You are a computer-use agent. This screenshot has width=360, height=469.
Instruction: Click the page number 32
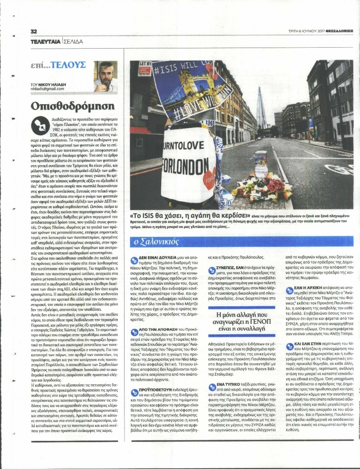tap(34, 31)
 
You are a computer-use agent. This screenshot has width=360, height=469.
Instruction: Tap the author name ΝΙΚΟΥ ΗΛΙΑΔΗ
tap(51, 85)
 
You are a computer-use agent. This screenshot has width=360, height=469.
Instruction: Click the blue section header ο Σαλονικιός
tap(157, 242)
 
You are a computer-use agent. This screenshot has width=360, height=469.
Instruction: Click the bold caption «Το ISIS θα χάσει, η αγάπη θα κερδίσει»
tap(190, 216)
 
